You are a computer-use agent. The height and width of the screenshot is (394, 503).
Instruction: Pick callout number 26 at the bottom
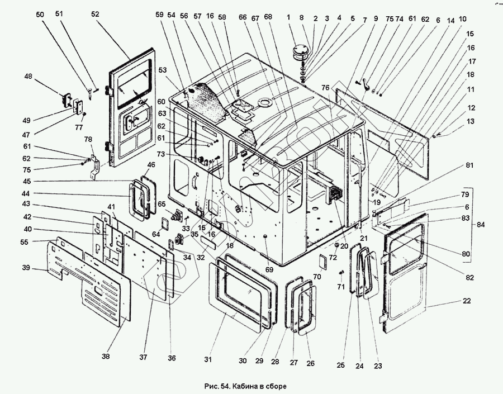click(311, 363)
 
